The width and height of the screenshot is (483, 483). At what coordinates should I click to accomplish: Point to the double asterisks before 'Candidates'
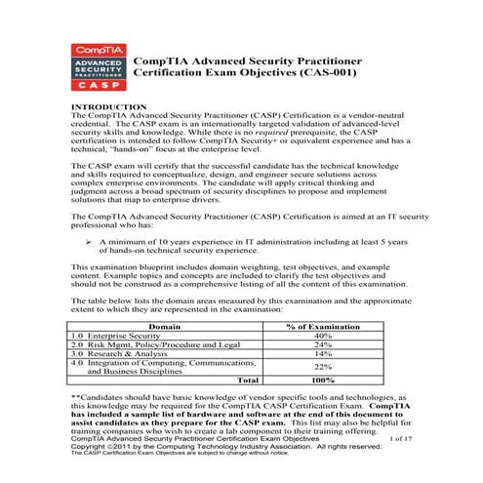(x=76, y=398)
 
